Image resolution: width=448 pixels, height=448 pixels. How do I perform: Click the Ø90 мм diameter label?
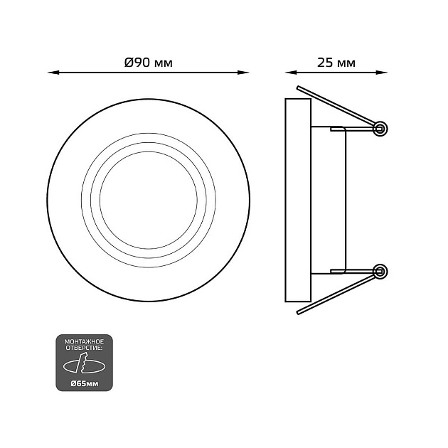(x=149, y=63)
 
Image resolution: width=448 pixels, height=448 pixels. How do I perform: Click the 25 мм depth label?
(x=336, y=63)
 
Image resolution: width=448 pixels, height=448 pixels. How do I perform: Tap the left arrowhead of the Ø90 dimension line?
(x=53, y=73)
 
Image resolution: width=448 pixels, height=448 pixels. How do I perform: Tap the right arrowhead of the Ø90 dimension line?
(x=243, y=73)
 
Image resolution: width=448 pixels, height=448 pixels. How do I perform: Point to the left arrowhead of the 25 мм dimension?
(x=291, y=73)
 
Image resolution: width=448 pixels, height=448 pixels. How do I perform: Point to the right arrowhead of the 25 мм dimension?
(x=381, y=73)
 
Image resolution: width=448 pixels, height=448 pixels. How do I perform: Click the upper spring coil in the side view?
(x=380, y=129)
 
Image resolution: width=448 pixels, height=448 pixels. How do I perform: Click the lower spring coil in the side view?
(x=380, y=272)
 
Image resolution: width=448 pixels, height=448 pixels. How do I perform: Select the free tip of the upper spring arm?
(x=298, y=87)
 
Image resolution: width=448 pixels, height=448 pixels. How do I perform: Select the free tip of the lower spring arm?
(x=298, y=313)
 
